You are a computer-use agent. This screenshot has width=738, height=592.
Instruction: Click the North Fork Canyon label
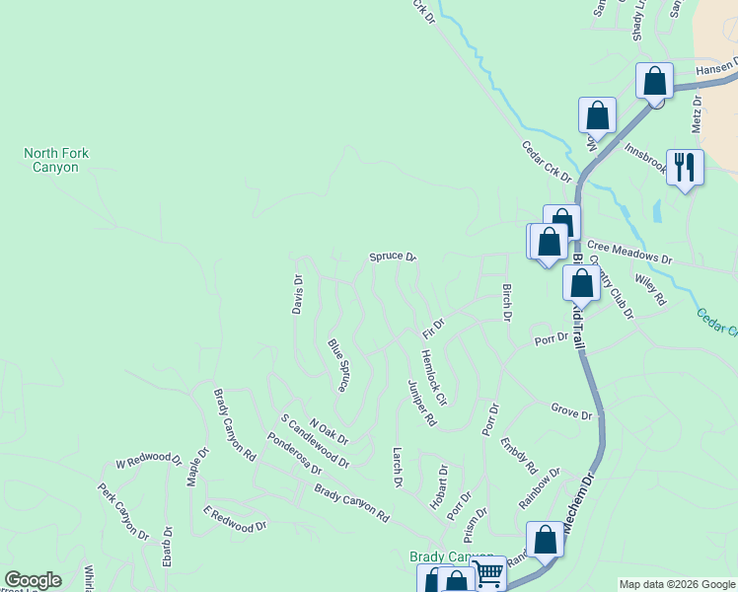pos(51,160)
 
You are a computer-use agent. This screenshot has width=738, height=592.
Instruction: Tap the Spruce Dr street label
pos(393,257)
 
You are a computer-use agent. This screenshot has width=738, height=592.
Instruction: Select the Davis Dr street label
pos(297,294)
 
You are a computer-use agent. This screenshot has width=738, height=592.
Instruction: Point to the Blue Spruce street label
pos(338,365)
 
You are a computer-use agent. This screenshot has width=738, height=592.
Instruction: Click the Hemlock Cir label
pos(434,379)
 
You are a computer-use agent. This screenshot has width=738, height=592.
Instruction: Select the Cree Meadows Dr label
pos(628,253)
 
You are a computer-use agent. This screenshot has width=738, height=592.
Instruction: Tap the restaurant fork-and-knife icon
pos(685,166)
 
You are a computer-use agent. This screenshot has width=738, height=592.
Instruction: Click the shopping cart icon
pos(488,573)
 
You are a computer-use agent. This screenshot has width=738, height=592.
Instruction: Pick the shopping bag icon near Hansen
pos(654,81)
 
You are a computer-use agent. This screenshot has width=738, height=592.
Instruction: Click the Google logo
pos(33,580)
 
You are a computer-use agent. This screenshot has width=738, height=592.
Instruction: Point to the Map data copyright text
pos(677,584)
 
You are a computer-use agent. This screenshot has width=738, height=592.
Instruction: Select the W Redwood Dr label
pos(149,461)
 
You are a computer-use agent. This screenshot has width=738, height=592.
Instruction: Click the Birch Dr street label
pos(507,303)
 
